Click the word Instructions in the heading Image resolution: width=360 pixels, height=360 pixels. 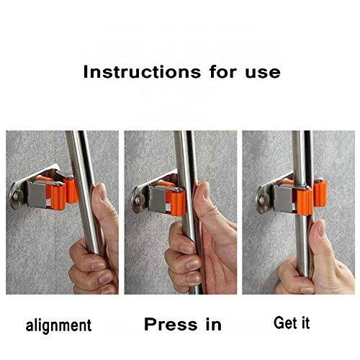[142, 72]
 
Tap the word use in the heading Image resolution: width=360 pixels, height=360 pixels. [263, 73]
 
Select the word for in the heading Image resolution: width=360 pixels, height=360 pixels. [223, 72]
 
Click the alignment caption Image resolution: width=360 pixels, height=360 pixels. [58, 325]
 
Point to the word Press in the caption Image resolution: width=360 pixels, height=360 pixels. [171, 324]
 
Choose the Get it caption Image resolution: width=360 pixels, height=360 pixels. [292, 323]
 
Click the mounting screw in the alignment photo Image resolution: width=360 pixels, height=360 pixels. [17, 195]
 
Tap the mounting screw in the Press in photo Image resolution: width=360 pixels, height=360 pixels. [139, 199]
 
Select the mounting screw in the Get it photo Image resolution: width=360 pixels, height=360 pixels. [264, 199]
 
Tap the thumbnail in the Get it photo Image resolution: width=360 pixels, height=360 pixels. [322, 228]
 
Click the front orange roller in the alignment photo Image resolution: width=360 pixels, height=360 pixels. [58, 196]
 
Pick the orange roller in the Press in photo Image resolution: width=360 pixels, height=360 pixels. [177, 202]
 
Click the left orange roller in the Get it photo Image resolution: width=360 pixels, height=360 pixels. [305, 201]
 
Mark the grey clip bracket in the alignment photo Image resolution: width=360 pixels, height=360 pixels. [38, 194]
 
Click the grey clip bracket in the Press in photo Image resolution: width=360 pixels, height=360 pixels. [158, 199]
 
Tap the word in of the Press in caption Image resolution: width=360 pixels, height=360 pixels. [213, 324]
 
